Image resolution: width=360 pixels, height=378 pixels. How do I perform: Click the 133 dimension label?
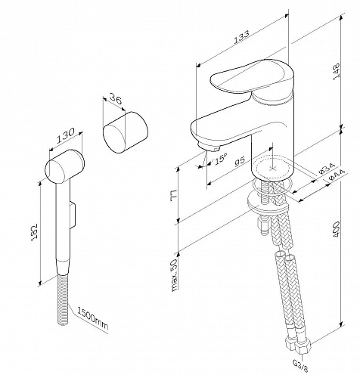(x=241, y=37)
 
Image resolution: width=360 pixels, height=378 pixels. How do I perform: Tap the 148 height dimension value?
(x=337, y=72)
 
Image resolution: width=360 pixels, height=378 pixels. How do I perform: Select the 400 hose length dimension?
(x=336, y=229)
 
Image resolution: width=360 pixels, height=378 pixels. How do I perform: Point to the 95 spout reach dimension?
(x=240, y=161)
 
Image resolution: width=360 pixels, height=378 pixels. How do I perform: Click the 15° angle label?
(x=221, y=159)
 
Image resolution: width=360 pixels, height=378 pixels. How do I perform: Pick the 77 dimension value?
(x=174, y=196)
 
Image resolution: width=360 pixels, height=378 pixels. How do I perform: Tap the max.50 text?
(x=175, y=275)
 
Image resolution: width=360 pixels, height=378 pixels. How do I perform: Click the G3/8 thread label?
(x=300, y=366)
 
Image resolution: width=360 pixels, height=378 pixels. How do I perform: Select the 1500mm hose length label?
(x=92, y=319)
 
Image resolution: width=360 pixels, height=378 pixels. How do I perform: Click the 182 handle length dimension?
(x=34, y=232)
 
